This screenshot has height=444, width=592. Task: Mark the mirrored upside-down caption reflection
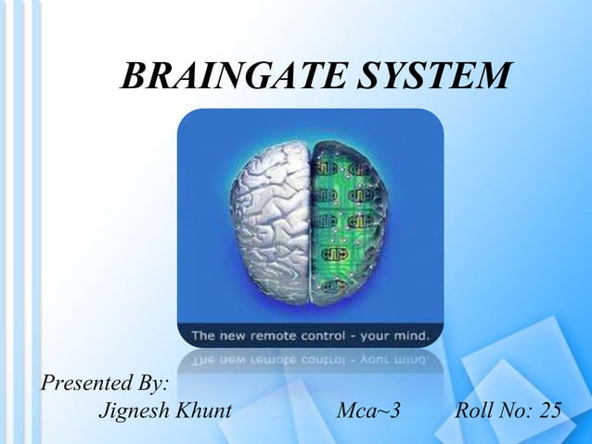coord(310,359)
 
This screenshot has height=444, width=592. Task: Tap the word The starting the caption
coord(206,333)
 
